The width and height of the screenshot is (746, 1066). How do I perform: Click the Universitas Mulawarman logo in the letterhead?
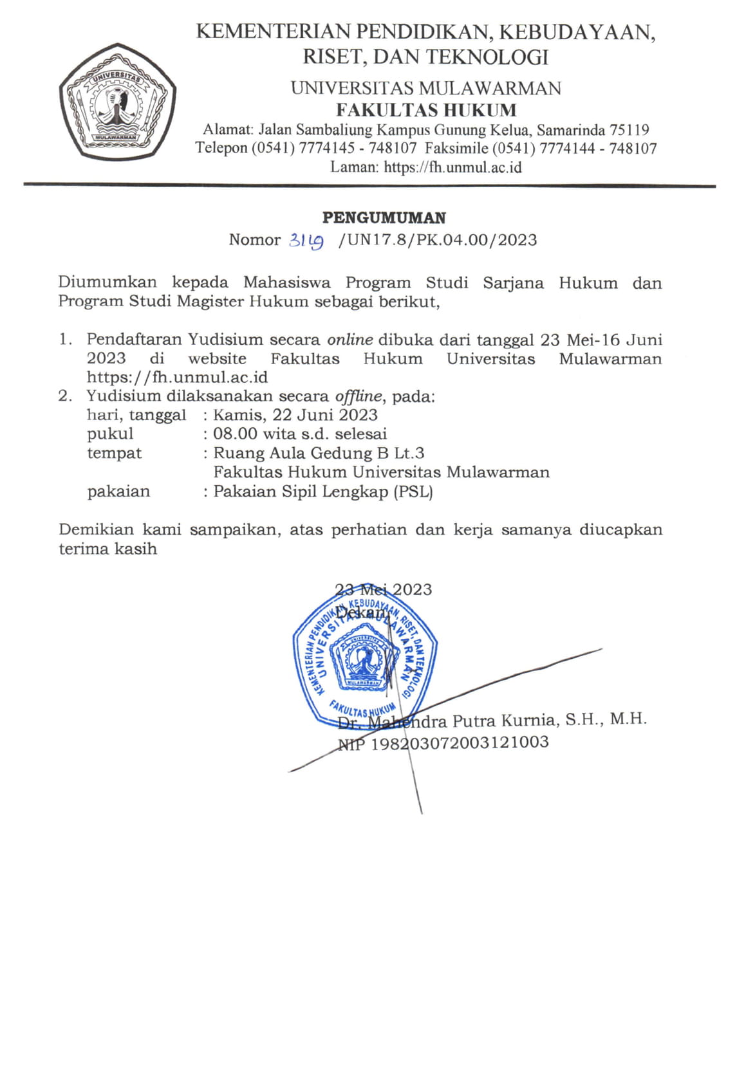[x=118, y=102]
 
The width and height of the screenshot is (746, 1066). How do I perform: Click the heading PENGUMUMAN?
[x=384, y=217]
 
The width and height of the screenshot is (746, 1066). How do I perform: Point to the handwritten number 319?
[x=306, y=241]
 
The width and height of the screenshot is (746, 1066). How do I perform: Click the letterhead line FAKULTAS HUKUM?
[x=426, y=109]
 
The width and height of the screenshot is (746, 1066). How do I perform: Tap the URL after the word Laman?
[x=452, y=167]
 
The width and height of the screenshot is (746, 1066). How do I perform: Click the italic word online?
[x=350, y=339]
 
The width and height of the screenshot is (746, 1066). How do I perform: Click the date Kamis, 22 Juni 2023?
[x=295, y=415]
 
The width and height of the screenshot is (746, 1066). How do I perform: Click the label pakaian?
[x=118, y=492]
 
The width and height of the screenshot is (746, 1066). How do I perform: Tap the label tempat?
[x=114, y=453]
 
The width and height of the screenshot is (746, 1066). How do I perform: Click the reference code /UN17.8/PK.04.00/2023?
[x=438, y=240]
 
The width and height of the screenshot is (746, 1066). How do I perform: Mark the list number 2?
[x=64, y=396]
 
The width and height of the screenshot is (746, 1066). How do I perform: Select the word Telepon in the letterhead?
[x=221, y=148]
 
